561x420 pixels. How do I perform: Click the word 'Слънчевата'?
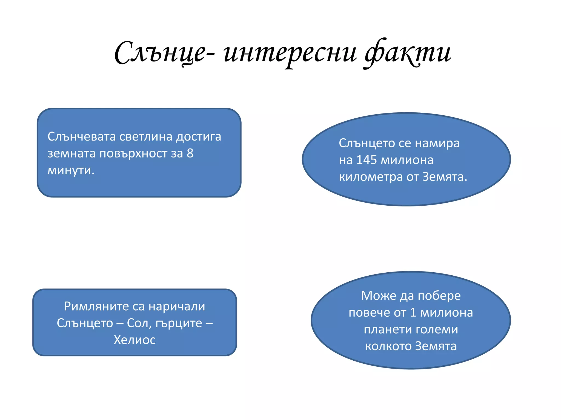82,136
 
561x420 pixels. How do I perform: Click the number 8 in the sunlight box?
190,153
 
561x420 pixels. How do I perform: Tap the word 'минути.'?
71,170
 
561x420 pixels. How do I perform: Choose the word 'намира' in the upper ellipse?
437,143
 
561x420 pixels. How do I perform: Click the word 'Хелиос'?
134,340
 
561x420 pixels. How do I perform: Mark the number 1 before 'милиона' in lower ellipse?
413,313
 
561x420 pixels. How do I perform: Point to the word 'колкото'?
388,346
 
